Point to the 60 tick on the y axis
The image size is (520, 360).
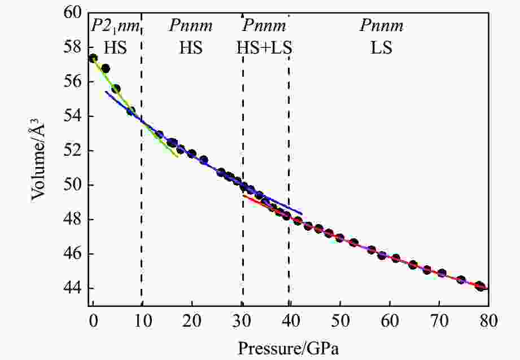click(x=74, y=13)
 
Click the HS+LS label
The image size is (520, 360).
click(x=264, y=48)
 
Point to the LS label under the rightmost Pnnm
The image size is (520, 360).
click(x=381, y=48)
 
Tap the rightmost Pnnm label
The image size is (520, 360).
click(x=382, y=26)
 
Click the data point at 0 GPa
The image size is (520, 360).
click(x=93, y=58)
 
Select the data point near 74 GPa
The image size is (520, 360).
click(x=461, y=280)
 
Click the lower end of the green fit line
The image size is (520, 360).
click(x=177, y=156)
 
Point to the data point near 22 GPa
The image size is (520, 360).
click(x=204, y=160)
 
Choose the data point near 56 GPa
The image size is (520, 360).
click(x=372, y=249)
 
